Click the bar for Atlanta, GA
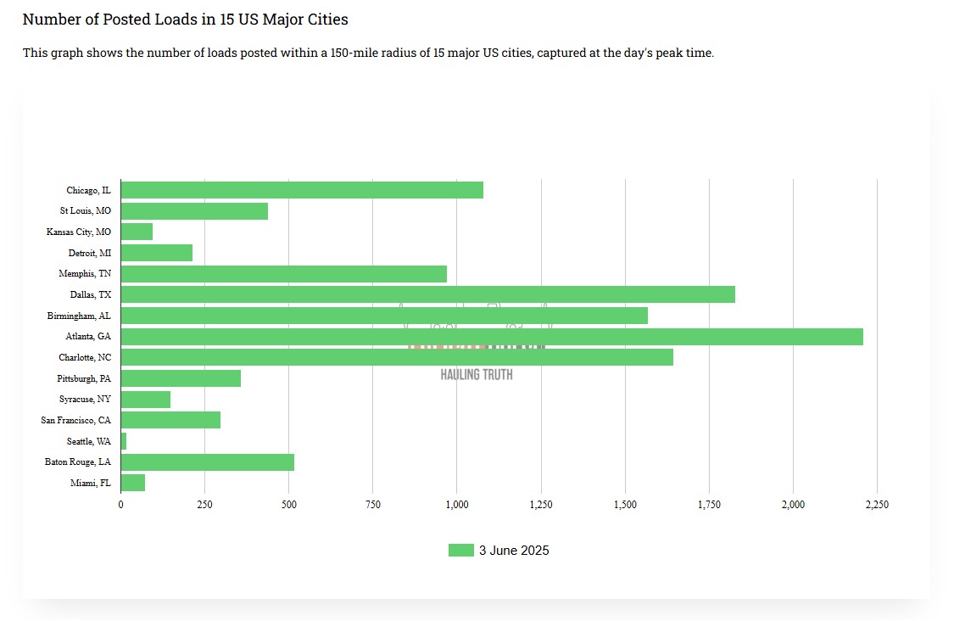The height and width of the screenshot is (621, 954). point(492,337)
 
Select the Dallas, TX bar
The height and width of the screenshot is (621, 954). point(428,294)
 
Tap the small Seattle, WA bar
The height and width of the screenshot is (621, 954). point(124,441)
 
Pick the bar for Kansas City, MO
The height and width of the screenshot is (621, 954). point(137,232)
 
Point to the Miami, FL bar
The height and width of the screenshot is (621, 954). point(133,483)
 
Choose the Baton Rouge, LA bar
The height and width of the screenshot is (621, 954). point(208,462)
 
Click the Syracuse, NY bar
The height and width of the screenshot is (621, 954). point(146,400)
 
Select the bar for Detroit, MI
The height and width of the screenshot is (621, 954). point(157,253)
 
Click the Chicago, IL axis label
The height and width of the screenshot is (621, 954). point(88,190)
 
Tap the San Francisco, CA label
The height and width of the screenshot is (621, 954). point(75,420)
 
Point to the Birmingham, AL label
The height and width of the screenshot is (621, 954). point(79,316)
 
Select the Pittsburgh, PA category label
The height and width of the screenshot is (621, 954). point(84,378)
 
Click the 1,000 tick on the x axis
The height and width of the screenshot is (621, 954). point(457,505)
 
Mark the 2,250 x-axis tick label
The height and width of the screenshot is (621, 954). point(877,505)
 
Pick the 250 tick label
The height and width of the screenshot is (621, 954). point(204,505)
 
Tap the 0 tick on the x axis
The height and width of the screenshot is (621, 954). point(121,505)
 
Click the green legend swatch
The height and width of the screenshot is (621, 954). point(460,551)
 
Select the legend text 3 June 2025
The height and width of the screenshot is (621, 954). point(514,551)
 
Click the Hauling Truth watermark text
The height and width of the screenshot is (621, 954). point(477,374)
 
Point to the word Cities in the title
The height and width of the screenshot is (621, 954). point(326,19)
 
